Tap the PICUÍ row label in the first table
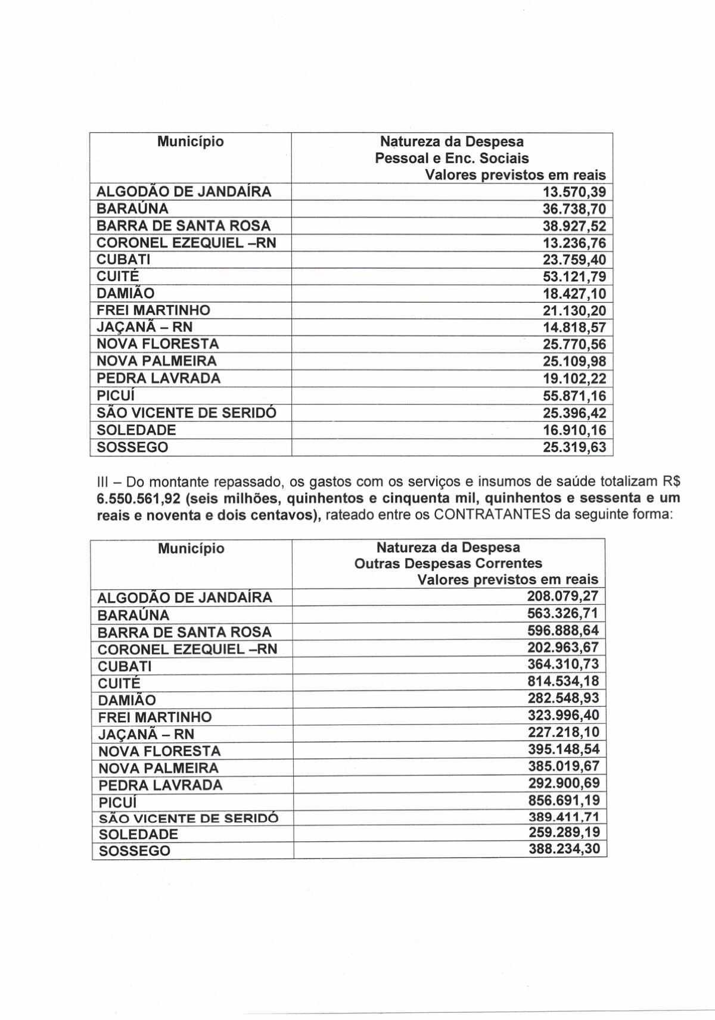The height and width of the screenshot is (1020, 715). coord(113,396)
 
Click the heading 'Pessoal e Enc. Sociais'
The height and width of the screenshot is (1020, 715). coord(452,158)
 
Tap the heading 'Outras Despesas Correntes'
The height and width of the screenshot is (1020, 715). coord(448,564)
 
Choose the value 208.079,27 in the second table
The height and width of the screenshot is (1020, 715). coord(562,596)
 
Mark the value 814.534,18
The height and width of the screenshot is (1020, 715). coord(562,681)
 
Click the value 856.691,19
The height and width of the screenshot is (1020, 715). coord(562,800)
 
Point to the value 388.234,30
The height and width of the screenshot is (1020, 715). coord(564,850)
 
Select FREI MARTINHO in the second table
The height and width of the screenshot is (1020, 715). coord(155,717)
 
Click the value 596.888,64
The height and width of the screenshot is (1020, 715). coord(562,630)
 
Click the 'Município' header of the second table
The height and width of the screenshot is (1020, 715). coord(191,549)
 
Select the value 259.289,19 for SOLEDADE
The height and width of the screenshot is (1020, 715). coord(564,833)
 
